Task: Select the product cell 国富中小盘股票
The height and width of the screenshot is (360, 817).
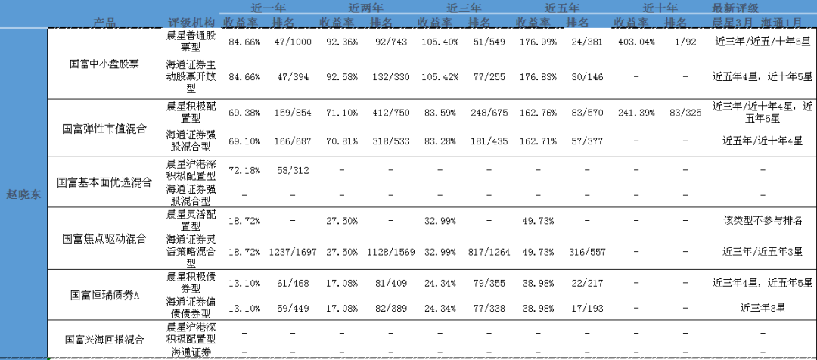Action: click(x=104, y=64)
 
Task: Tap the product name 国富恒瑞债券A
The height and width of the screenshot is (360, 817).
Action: click(x=104, y=294)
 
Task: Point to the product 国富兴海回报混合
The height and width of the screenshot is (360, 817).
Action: click(x=104, y=340)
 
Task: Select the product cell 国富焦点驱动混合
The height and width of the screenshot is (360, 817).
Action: click(x=104, y=239)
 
